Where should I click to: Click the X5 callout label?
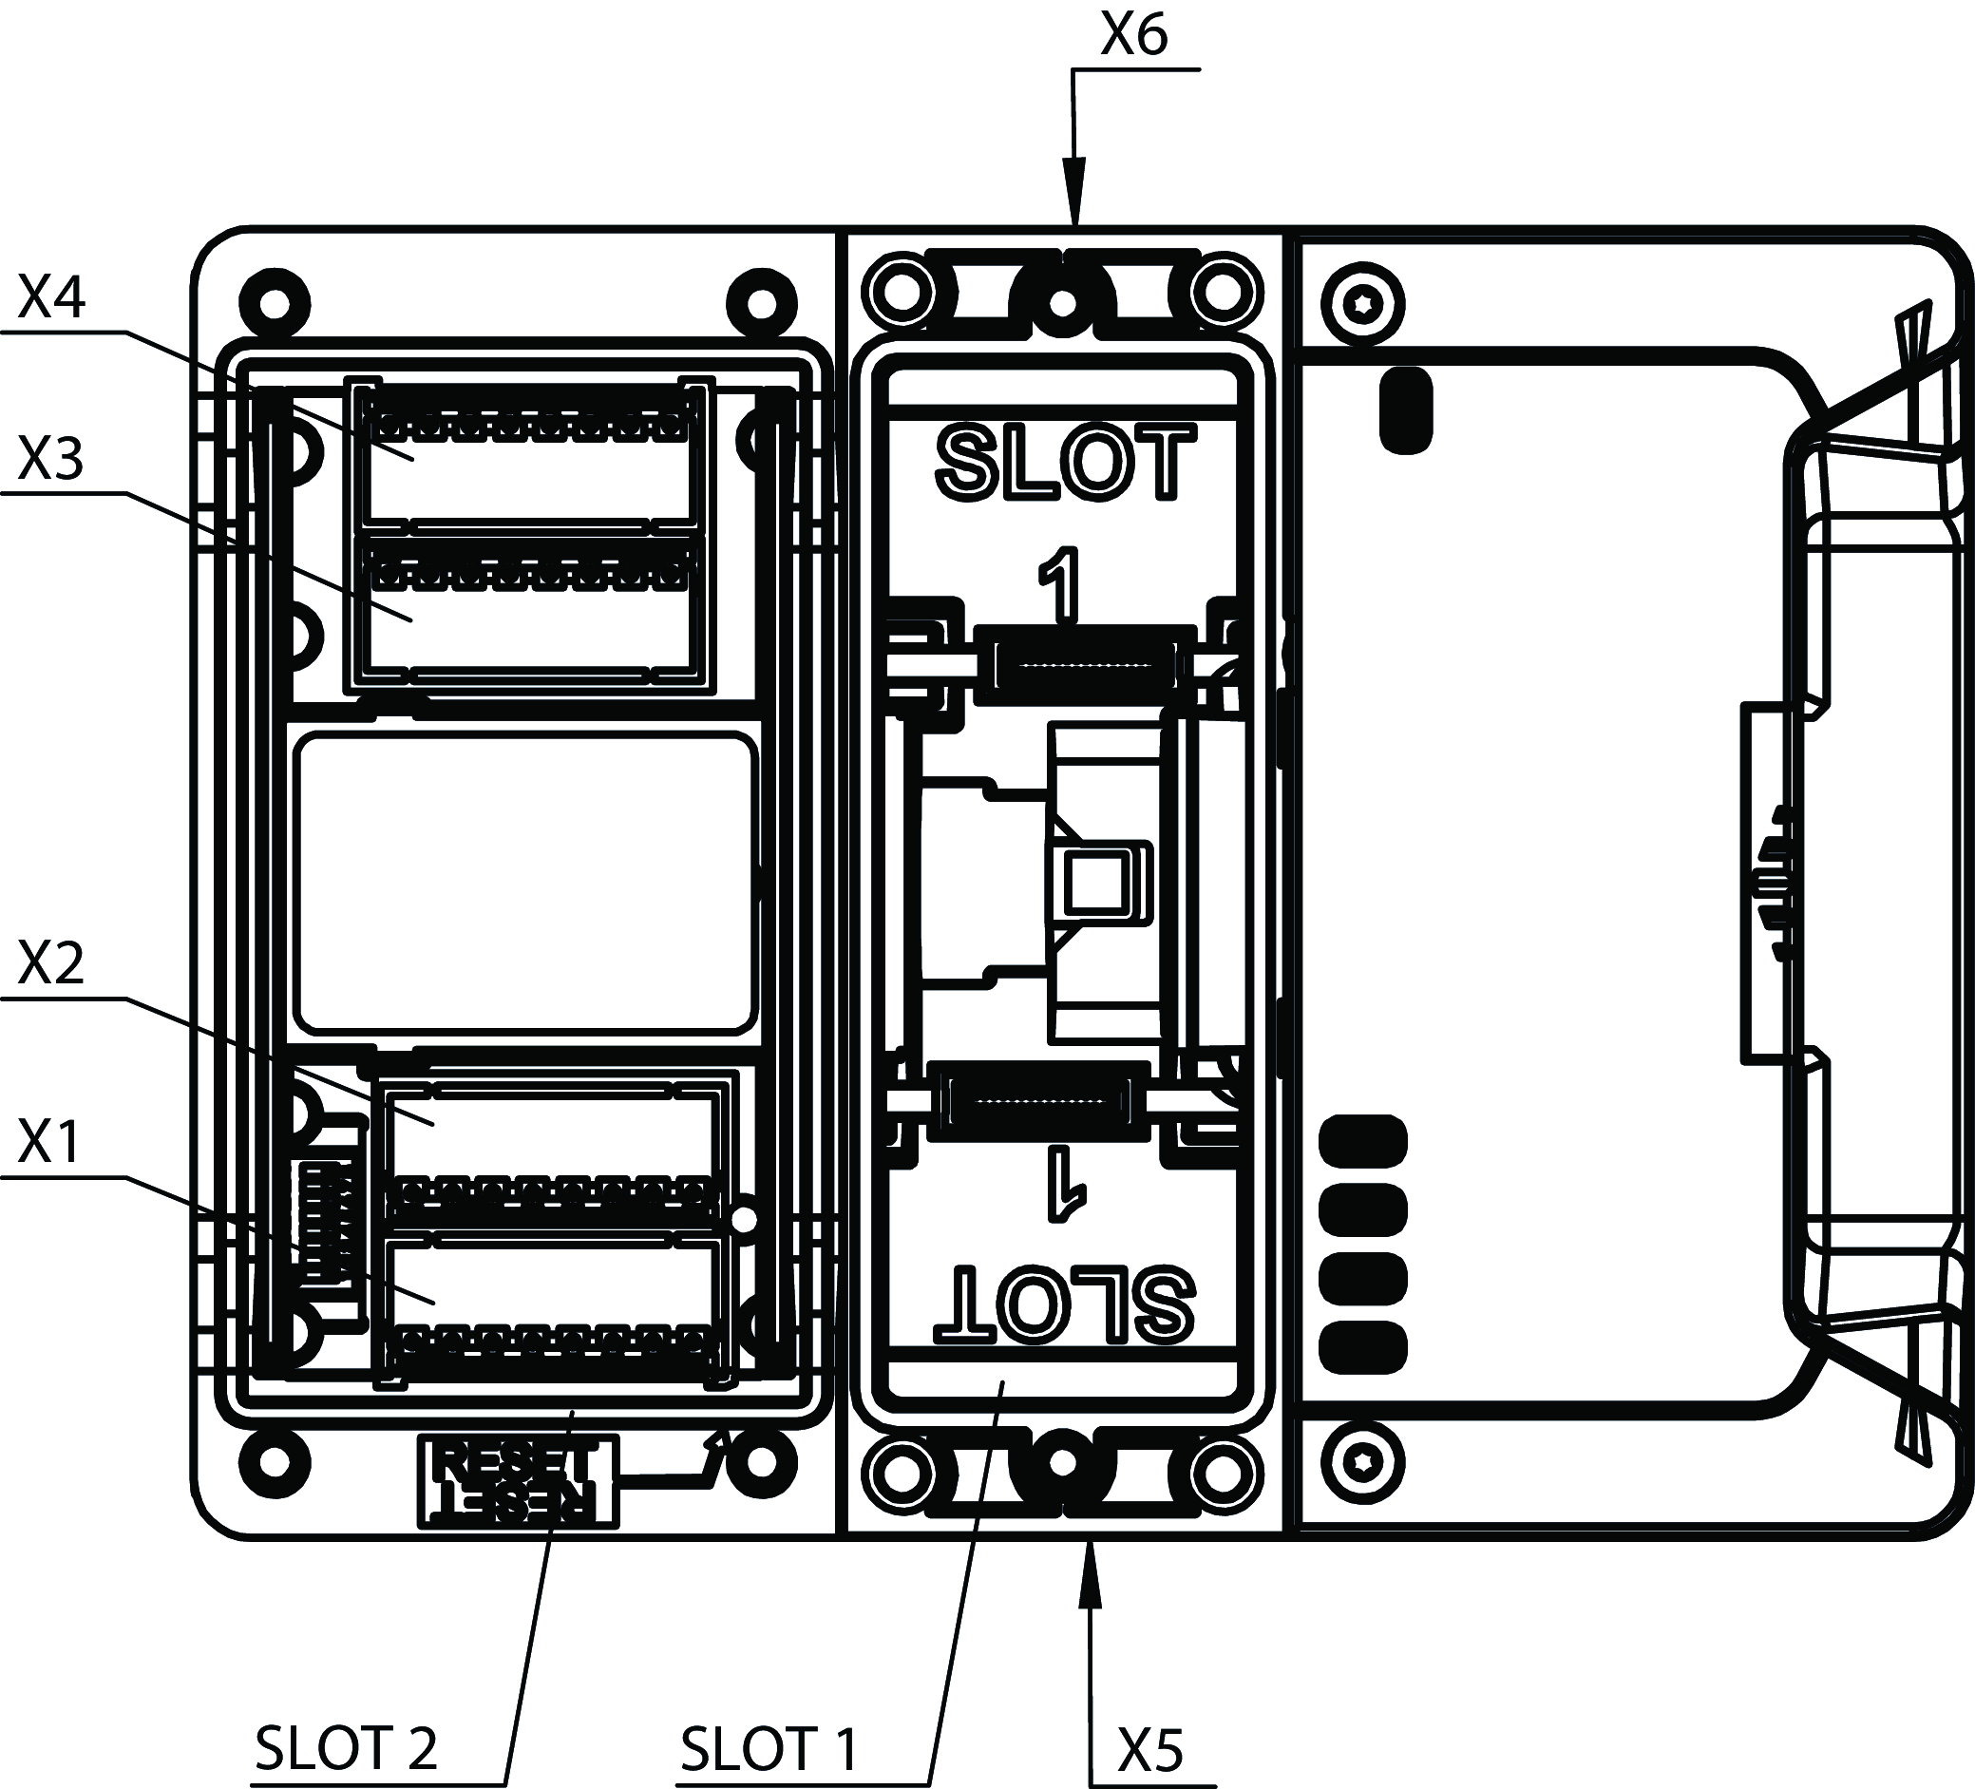coord(1150,1750)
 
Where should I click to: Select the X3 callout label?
coord(51,459)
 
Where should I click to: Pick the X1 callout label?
coord(48,1142)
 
